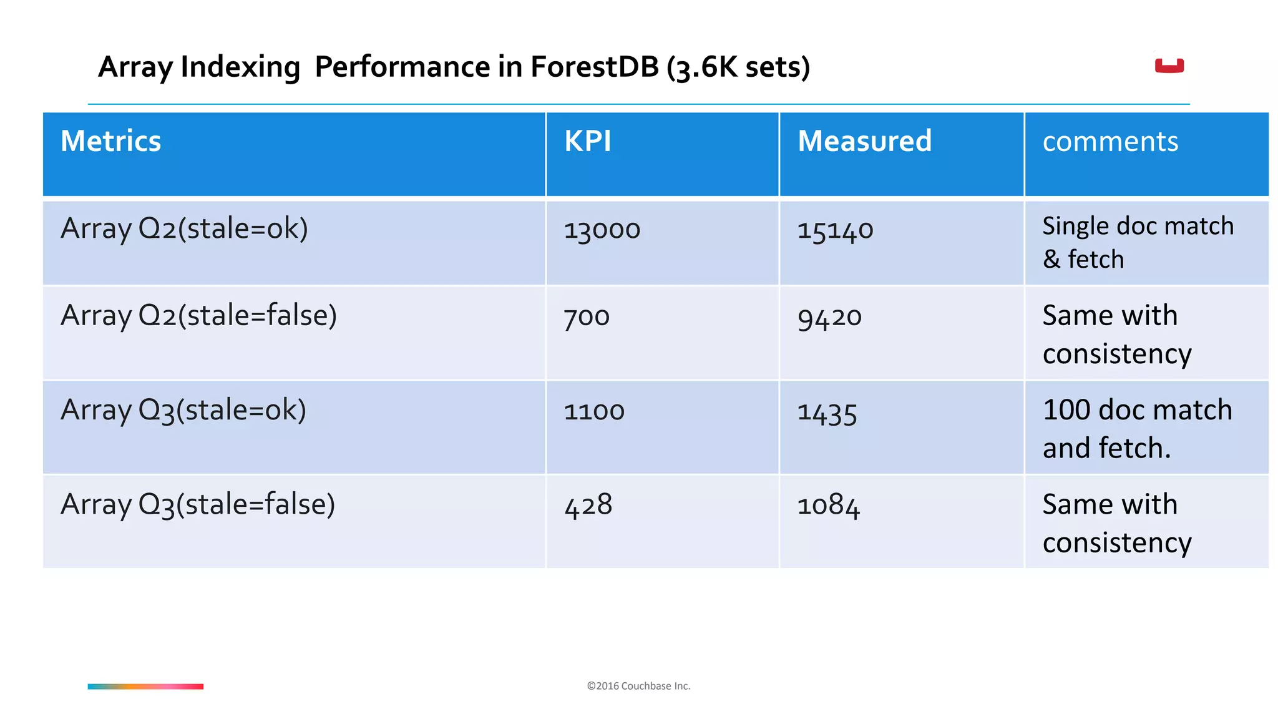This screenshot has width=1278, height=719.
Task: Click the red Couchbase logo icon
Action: [x=1169, y=66]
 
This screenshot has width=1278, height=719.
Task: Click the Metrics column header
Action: [x=111, y=141]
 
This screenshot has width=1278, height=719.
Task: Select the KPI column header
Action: [x=587, y=141]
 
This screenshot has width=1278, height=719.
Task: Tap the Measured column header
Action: [x=864, y=141]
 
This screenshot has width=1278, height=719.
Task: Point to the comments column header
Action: [x=1110, y=142]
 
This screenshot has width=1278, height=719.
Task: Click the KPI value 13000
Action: [x=602, y=230]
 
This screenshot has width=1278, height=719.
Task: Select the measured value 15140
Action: [x=835, y=230]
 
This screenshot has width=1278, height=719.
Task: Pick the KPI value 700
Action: [x=587, y=316]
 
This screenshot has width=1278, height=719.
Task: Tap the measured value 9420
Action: [x=829, y=317]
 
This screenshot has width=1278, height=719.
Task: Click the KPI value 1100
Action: [x=594, y=411]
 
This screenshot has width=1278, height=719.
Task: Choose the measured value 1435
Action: [x=827, y=412]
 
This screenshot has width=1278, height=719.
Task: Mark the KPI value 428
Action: [x=588, y=505]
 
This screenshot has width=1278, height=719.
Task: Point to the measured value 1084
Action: [x=829, y=505]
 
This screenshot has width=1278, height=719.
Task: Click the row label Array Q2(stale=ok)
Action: [x=184, y=228]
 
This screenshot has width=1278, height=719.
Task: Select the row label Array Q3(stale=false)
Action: [x=198, y=504]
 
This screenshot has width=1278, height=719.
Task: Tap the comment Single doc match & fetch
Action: [x=1138, y=242]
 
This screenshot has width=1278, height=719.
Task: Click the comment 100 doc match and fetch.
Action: [x=1137, y=429]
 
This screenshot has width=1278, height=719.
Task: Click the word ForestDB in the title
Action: [x=594, y=67]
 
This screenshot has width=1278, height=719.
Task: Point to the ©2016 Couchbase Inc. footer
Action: [x=638, y=686]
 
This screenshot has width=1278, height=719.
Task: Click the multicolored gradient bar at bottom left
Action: [x=145, y=687]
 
